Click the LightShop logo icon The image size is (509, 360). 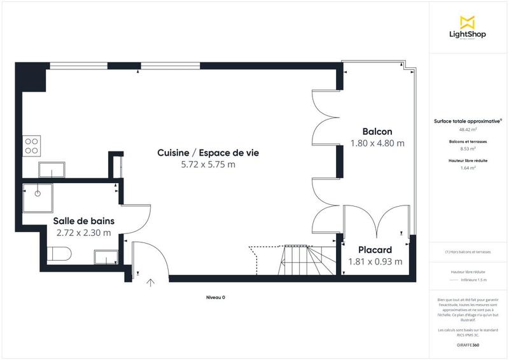click(x=468, y=22)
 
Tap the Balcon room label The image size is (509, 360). click(x=377, y=131)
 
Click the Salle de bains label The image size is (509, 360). click(x=83, y=220)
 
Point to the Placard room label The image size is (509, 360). click(x=375, y=250)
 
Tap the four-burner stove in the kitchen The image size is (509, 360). click(x=31, y=146)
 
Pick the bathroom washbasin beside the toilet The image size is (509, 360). click(x=105, y=257)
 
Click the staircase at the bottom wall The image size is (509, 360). click(x=305, y=260)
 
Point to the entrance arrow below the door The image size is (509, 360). click(x=151, y=283)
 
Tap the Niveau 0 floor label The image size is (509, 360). click(x=215, y=298)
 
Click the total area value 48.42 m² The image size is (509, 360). click(x=468, y=129)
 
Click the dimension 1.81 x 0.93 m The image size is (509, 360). click(x=375, y=261)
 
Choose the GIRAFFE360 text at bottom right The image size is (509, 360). click(x=468, y=344)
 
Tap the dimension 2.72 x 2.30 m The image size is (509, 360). click(x=83, y=232)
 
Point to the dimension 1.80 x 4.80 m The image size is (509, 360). click(x=377, y=143)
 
